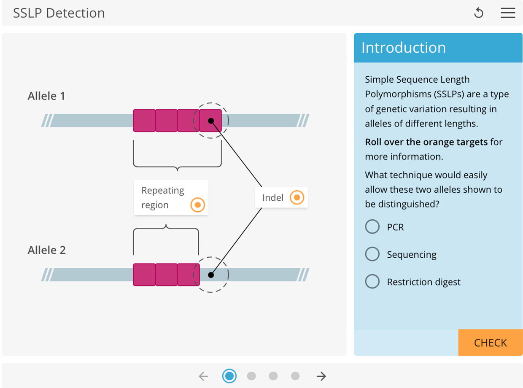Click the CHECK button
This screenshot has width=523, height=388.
coord(490,342)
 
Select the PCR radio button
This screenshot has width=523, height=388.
coord(372,226)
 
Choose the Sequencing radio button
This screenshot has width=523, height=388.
coord(372,254)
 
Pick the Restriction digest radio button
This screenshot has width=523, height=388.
coord(372,281)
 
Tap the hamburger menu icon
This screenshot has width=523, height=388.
coord(508,13)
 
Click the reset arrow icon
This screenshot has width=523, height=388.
coord(478,13)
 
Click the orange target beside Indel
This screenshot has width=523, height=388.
coord(297,197)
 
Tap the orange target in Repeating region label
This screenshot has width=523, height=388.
coord(197,205)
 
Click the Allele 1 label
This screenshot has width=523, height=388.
coord(46,96)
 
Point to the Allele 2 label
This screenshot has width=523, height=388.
coord(47,250)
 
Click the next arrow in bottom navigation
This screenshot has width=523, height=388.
coord(321,376)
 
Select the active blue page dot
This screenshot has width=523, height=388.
coord(229,376)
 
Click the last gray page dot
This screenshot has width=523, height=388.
coord(295,376)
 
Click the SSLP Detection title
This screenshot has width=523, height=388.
coord(59,13)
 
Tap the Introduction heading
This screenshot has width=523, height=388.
coord(403,48)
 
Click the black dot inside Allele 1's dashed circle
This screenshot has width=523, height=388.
coord(211,121)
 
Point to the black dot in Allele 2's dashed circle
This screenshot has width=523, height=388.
coord(211,275)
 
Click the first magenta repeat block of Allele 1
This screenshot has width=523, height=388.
coord(144,121)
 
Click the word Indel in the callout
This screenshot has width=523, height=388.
coord(273,198)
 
